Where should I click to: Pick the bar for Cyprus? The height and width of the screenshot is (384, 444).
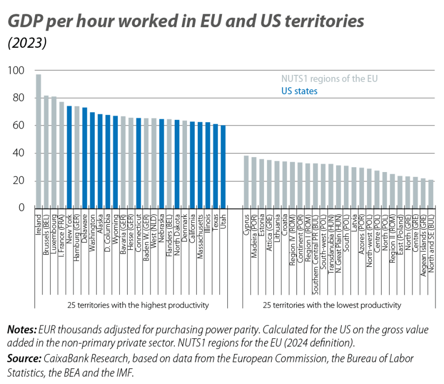tap(246, 181)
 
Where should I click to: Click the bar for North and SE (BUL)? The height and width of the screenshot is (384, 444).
tap(431, 193)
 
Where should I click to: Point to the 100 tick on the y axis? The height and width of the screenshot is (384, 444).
tap(14, 70)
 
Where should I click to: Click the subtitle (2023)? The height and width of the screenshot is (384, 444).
tap(27, 44)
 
